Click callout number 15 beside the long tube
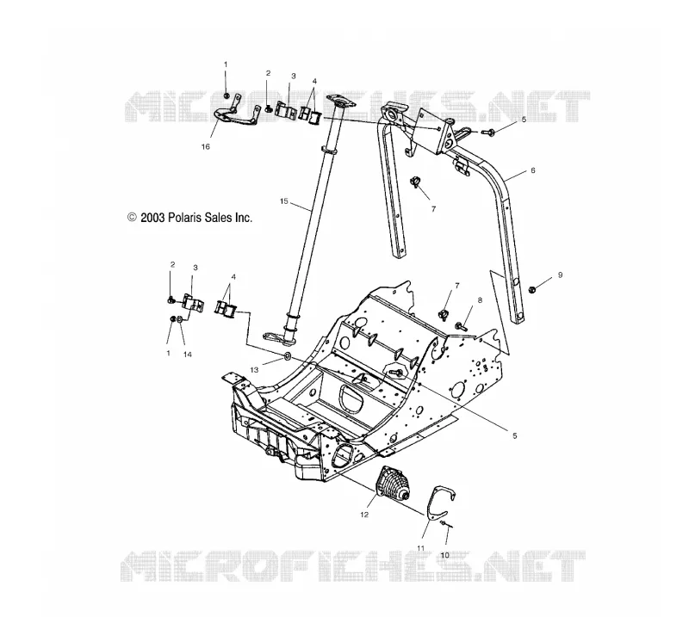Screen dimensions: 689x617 point(284,201)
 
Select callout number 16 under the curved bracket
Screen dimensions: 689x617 point(206,146)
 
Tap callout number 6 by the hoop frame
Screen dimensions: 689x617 point(533,170)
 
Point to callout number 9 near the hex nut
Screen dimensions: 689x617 point(561,275)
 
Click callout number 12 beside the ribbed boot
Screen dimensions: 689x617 point(364,515)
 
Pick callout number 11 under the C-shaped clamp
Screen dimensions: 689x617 point(421,548)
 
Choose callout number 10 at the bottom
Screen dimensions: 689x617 point(444,555)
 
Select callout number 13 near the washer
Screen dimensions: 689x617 point(254,370)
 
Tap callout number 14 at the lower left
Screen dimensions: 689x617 point(188,355)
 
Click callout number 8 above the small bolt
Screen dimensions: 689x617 point(480,300)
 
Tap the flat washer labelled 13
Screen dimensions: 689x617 point(287,355)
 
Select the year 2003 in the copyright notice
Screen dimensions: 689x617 point(152,218)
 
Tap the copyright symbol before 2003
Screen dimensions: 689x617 point(132,218)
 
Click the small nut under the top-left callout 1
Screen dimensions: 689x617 point(226,96)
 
